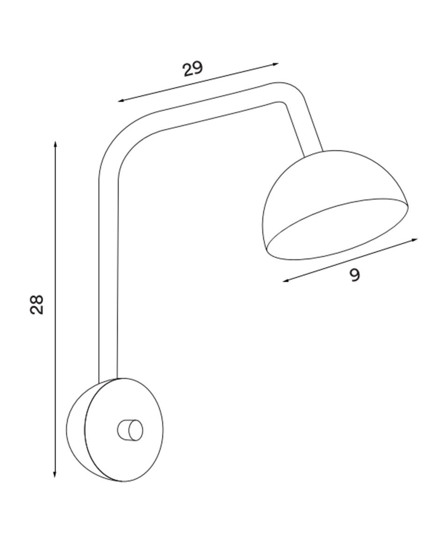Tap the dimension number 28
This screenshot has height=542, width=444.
[36, 304]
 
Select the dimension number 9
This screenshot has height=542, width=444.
[355, 275]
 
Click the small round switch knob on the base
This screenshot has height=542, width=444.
[129, 430]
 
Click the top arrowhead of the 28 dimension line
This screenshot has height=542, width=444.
[55, 144]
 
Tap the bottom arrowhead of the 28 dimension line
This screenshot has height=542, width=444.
[55, 474]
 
